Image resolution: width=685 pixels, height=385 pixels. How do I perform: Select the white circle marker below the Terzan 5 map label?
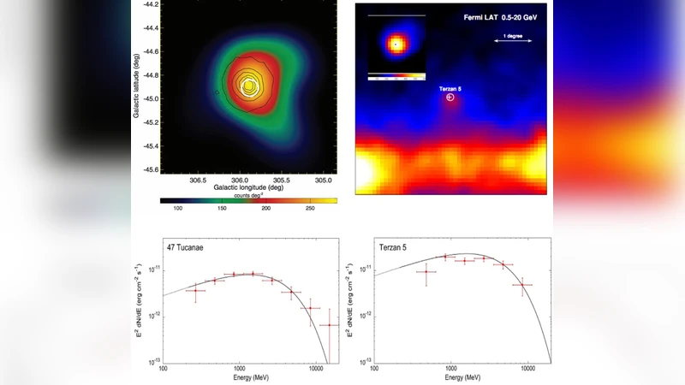point(450,99)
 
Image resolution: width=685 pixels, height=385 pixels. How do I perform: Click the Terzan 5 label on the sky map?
point(451,88)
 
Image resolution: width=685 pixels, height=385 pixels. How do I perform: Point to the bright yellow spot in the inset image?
point(396,44)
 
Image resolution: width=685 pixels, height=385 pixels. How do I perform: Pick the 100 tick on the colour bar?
point(179,208)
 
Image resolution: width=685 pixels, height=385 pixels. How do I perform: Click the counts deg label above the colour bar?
point(247,195)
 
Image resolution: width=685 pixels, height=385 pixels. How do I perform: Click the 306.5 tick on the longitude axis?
point(197,180)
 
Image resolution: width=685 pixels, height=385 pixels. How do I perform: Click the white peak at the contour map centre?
point(248,84)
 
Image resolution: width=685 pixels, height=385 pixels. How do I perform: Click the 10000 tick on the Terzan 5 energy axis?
point(528,368)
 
